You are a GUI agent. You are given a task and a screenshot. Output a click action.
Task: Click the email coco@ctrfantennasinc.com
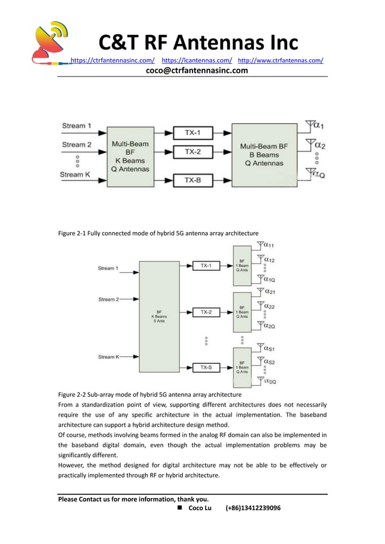(197, 71)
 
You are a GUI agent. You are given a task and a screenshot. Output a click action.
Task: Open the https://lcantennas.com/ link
(197, 60)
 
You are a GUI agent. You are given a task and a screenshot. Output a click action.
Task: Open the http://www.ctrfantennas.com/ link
(281, 60)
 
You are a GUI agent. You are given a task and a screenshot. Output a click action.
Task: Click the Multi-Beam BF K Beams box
(130, 156)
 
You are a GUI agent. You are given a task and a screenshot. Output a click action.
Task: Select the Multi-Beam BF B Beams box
(264, 155)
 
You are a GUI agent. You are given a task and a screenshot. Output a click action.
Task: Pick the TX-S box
(206, 367)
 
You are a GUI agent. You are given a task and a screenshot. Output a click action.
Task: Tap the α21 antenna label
(269, 291)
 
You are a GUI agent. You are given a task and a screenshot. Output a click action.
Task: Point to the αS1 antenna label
(269, 348)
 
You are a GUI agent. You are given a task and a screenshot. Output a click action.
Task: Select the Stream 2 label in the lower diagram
(109, 299)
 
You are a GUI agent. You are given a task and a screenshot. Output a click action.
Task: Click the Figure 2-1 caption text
(158, 233)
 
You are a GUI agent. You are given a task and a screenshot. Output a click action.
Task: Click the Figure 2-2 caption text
(149, 394)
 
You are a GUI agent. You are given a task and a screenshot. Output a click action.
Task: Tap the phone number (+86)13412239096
(253, 508)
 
